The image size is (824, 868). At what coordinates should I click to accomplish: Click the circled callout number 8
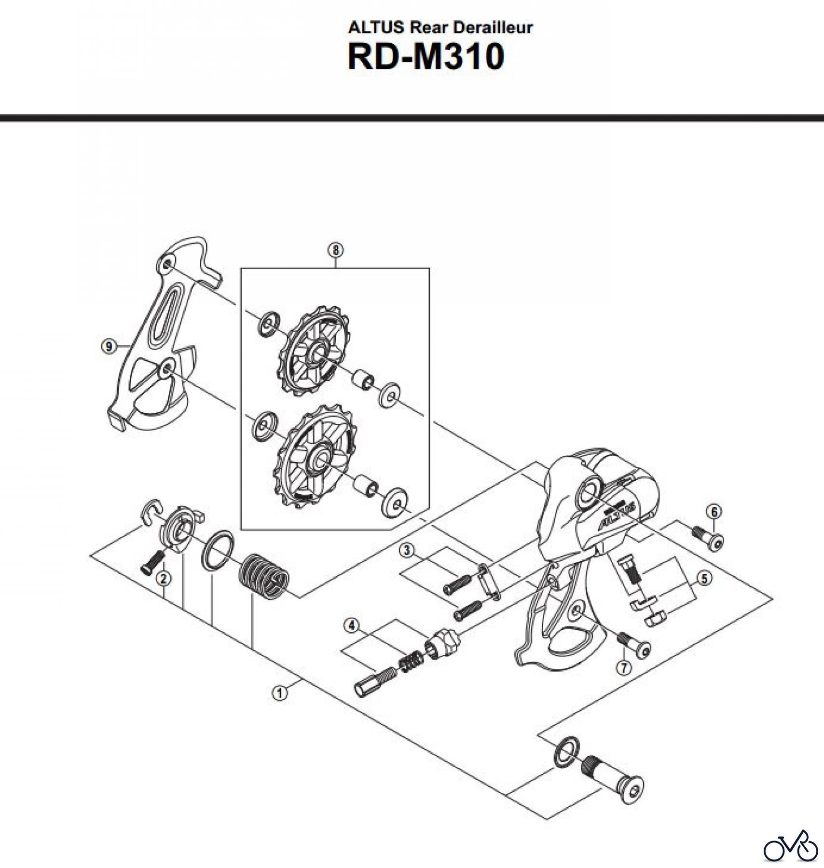tap(335, 250)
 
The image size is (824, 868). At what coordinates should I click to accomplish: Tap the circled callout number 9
tap(109, 346)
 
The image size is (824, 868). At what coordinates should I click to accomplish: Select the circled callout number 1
tap(279, 693)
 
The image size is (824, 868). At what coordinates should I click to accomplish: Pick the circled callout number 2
tap(164, 579)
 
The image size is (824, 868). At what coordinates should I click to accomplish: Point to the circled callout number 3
tap(408, 550)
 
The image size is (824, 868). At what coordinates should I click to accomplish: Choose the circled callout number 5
tap(705, 578)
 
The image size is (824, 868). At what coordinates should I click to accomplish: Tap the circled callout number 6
tap(714, 511)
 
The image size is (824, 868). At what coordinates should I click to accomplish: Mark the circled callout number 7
tap(624, 667)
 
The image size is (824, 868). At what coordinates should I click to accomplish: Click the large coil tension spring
tap(264, 576)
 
